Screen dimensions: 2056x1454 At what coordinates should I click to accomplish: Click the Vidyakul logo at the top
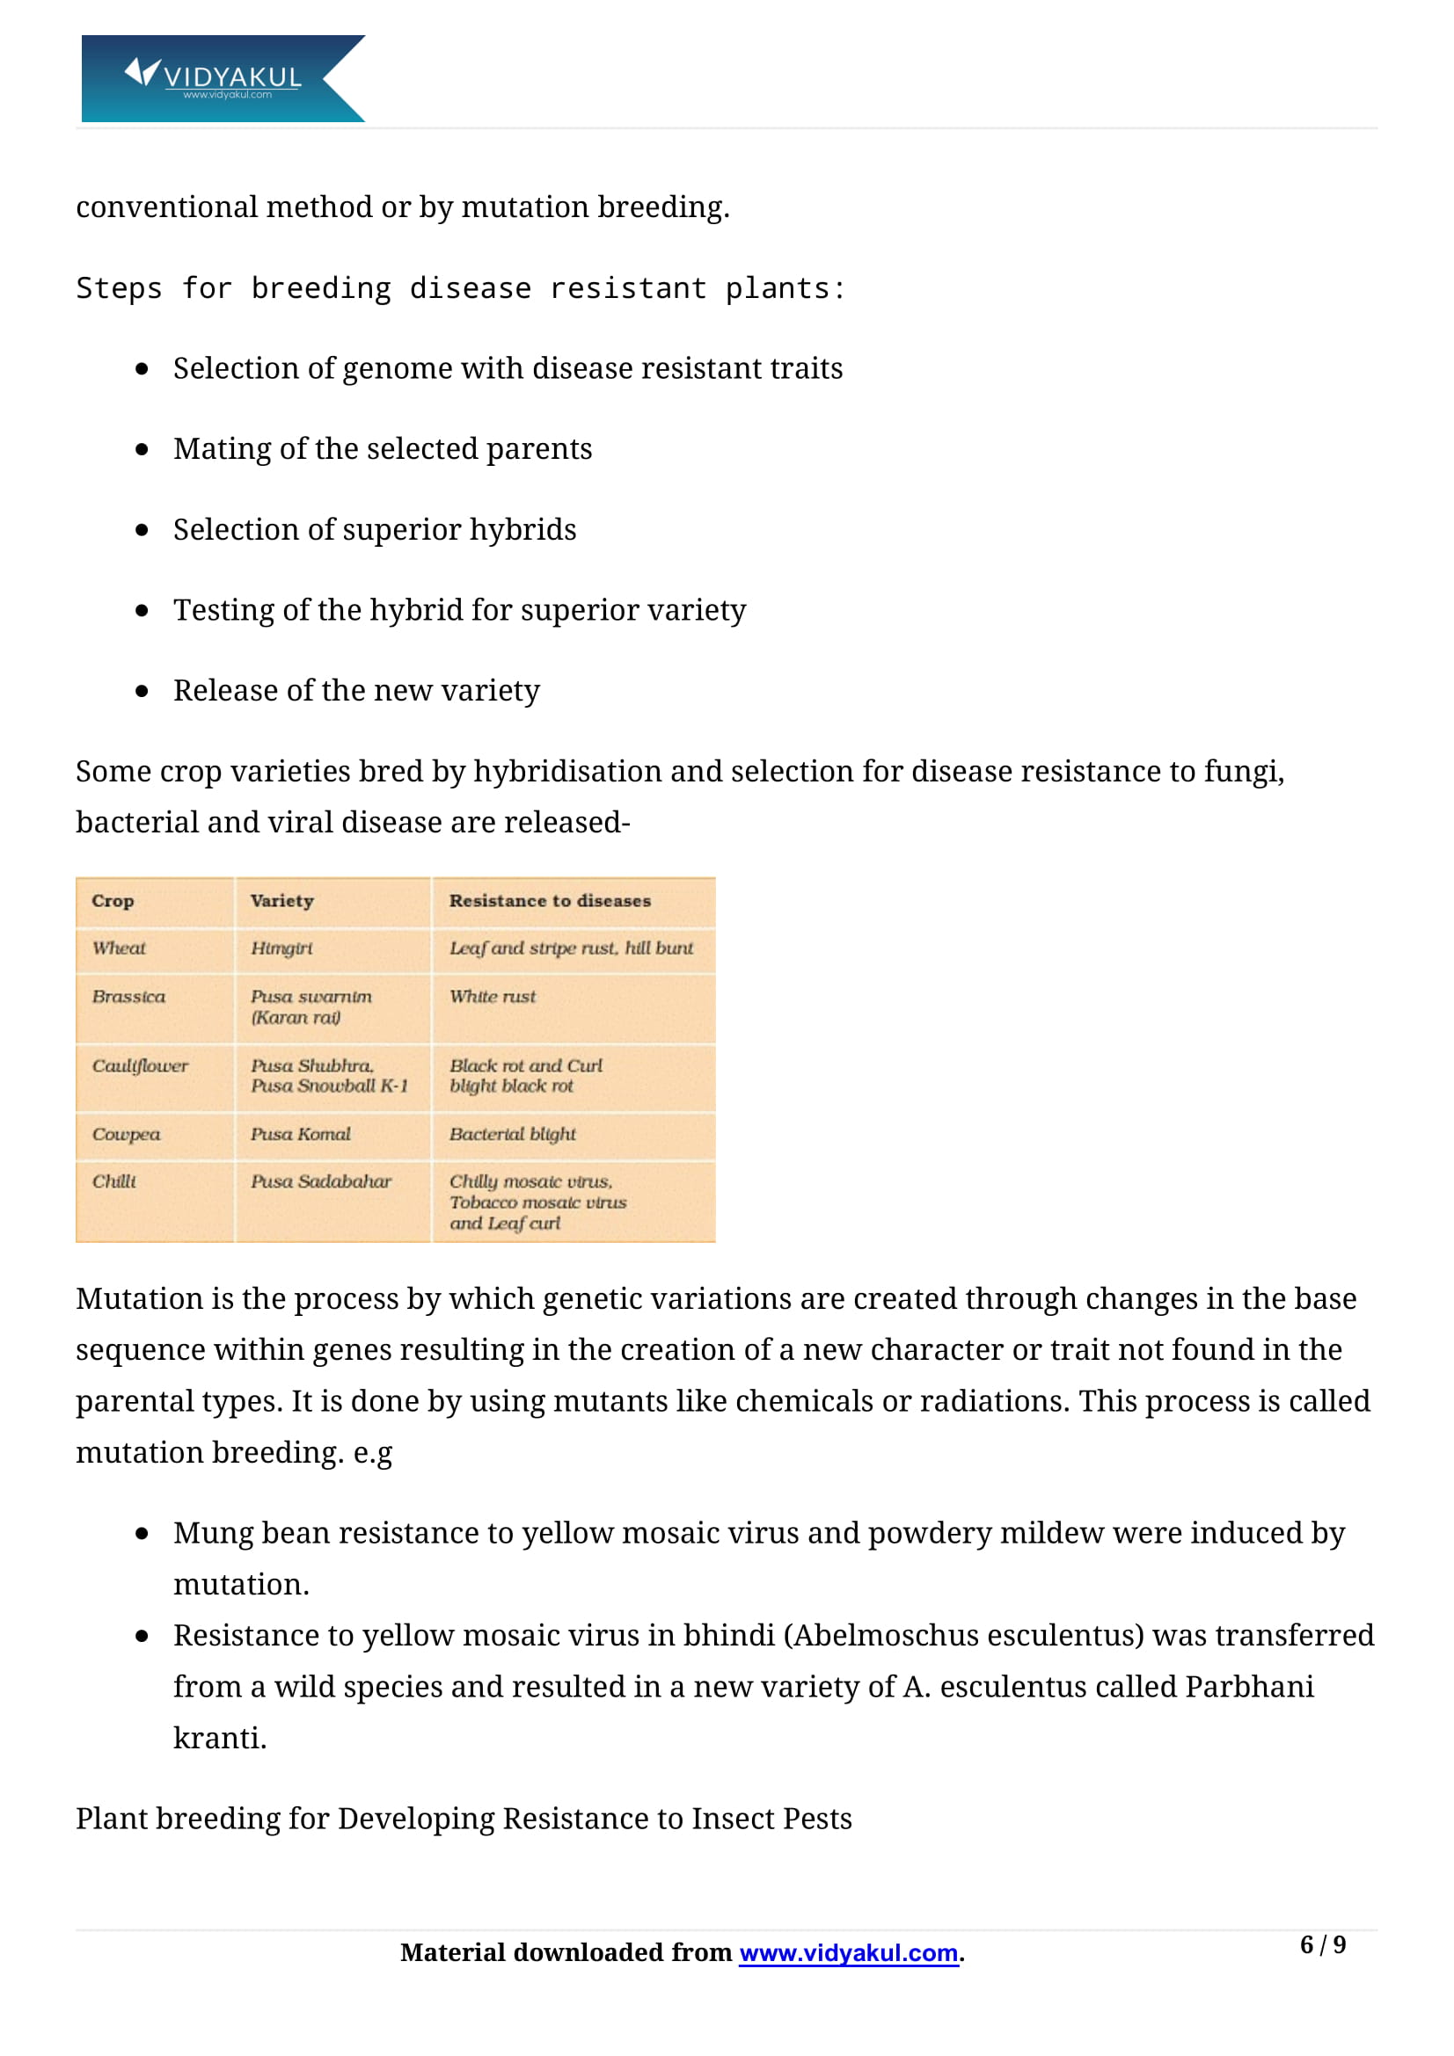223,78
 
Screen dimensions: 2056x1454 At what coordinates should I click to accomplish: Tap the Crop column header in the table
113,901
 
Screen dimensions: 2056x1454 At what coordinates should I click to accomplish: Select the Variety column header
282,901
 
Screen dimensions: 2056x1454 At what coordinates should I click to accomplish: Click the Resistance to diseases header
549,901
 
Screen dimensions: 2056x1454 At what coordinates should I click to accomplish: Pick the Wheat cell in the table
118,948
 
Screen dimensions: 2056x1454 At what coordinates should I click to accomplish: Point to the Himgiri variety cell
281,948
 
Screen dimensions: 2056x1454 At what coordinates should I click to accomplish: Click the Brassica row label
128,997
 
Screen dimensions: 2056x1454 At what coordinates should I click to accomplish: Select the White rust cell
492,997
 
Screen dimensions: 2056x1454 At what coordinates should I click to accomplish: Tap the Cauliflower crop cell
140,1065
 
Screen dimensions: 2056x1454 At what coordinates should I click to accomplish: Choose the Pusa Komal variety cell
300,1135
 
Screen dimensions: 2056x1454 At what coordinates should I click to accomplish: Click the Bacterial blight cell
512,1135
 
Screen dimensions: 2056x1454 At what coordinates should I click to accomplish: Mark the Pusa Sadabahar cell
321,1182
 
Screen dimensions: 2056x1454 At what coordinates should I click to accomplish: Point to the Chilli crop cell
113,1182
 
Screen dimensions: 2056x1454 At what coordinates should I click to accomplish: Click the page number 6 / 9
1322,1945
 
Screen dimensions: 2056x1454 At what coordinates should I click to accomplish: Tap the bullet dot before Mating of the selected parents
142,449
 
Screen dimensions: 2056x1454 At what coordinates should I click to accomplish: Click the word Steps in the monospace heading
118,288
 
